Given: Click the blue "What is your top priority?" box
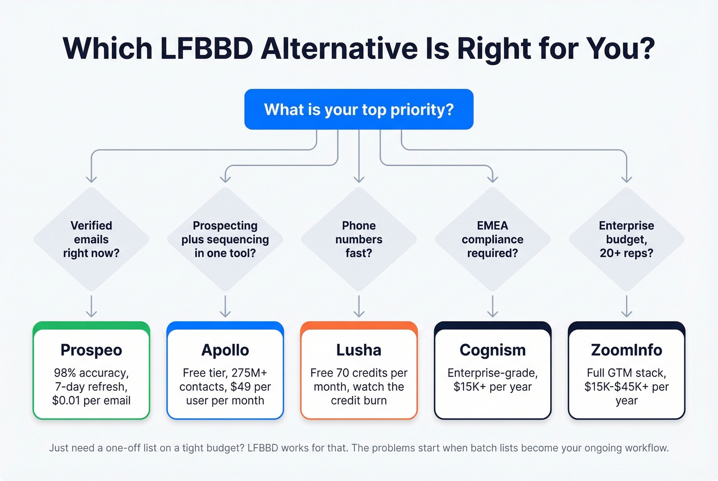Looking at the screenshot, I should pyautogui.click(x=358, y=109).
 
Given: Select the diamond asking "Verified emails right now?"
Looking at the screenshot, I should pyautogui.click(x=91, y=239).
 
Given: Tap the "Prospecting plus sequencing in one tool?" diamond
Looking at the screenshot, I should pyautogui.click(x=225, y=239).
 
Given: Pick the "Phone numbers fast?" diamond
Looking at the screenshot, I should pyautogui.click(x=359, y=239).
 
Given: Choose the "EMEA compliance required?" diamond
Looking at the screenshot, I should pyautogui.click(x=492, y=239).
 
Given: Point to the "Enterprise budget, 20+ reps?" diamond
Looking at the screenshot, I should pyautogui.click(x=626, y=239).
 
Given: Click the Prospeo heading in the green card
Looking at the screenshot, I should pyautogui.click(x=91, y=350).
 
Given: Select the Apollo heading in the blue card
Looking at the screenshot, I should pyautogui.click(x=225, y=350).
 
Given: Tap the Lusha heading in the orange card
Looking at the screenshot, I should pyautogui.click(x=359, y=350).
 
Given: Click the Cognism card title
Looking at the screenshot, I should pyautogui.click(x=492, y=350).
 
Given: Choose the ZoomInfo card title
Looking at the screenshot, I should pyautogui.click(x=626, y=350).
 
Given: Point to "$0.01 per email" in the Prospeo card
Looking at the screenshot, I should pyautogui.click(x=91, y=401).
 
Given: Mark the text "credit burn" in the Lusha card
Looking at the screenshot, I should pyautogui.click(x=359, y=401).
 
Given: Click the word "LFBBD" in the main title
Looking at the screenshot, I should pyautogui.click(x=207, y=49).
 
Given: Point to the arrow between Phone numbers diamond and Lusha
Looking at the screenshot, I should pyautogui.click(x=359, y=306).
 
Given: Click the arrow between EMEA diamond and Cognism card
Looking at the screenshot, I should pyautogui.click(x=492, y=306).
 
